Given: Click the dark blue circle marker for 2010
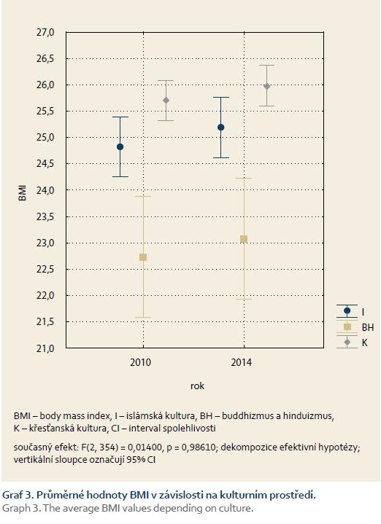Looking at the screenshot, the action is click(120, 146).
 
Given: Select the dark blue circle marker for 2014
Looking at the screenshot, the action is click(220, 128).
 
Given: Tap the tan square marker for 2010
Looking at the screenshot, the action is click(143, 257).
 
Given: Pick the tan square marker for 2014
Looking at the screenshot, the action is click(244, 239).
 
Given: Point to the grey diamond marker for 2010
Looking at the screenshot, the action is click(166, 101).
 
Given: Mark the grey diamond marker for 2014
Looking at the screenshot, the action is click(267, 86).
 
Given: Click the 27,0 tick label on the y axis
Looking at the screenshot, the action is click(45, 32).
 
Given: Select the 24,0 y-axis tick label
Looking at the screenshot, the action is click(45, 190).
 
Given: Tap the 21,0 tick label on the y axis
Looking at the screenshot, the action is click(45, 348).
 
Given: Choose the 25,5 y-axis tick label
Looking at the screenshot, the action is click(45, 112).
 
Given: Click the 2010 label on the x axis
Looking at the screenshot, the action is click(141, 363).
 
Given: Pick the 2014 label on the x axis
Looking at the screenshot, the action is click(241, 363).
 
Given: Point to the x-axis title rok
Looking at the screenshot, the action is click(197, 386).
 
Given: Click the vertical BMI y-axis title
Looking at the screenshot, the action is click(23, 193).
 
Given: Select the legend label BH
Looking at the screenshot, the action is click(368, 327).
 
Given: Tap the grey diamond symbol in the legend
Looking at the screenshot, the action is click(347, 343).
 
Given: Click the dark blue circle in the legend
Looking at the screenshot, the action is click(347, 310).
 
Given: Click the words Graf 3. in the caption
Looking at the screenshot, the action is click(18, 495).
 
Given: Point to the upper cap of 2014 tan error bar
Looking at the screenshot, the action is click(244, 178).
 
